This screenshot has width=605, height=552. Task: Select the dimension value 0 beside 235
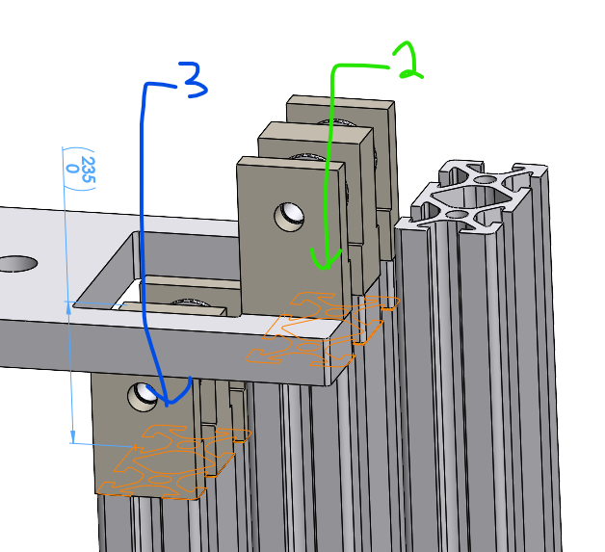72,168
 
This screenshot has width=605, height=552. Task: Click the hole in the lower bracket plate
144,392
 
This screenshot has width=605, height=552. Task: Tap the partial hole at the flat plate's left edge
14,262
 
